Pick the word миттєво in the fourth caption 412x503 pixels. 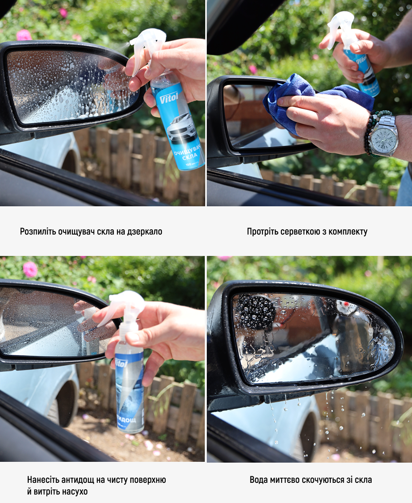pos(282,480)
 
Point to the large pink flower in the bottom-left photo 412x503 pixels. pos(30,269)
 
